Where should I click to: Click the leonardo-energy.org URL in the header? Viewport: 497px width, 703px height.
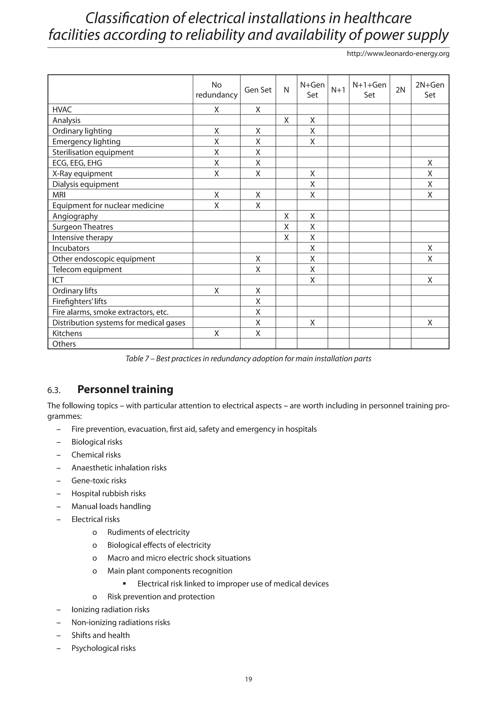pos(398,54)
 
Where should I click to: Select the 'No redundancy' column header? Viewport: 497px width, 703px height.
pos(216,90)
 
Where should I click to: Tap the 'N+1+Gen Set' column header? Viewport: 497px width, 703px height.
pos(369,90)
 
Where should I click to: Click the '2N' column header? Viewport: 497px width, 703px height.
pos(400,90)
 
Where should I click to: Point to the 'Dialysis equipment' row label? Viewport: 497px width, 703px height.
pos(85,184)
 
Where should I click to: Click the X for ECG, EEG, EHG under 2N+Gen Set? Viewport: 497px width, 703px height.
pos(430,163)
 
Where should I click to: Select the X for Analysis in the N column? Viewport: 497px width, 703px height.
pos(286,120)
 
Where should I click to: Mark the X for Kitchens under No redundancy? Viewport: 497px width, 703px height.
pos(216,334)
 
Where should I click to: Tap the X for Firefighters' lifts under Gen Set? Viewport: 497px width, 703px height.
pos(258,301)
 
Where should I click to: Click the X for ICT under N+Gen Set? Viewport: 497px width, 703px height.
pos(312,280)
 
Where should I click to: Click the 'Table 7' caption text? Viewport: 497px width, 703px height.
pos(248,359)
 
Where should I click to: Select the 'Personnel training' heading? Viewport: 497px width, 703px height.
pos(125,389)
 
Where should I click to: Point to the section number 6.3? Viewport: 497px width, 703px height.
pos(54,390)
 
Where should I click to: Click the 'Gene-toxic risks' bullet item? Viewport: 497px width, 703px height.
pos(99,481)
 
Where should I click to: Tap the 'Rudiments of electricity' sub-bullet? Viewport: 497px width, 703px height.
pos(149,532)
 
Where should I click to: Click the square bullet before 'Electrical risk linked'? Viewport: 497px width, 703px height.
pos(124,584)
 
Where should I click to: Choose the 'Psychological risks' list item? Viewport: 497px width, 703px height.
pos(103,648)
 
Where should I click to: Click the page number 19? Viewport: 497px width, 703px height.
pos(248,679)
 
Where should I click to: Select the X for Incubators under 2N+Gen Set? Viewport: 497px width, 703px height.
pos(430,248)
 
